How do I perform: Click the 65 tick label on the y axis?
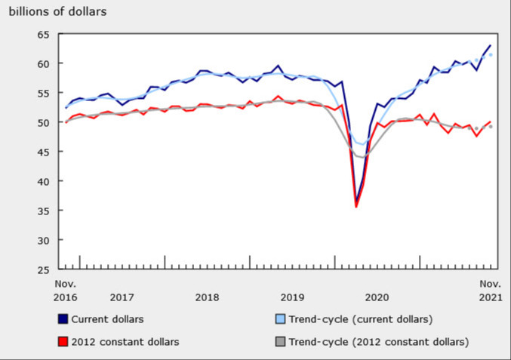pos(42,35)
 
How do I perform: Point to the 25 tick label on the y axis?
pos(42,269)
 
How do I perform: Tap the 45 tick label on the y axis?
pos(42,152)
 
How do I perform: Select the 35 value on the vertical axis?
pos(42,211)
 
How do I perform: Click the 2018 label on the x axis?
pos(207,297)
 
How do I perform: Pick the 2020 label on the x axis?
pos(376,297)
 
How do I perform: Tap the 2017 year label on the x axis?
pos(122,297)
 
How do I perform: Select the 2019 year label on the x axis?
pos(291,297)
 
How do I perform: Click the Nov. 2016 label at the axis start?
pos(66,291)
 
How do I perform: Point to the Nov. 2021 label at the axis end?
pos(490,291)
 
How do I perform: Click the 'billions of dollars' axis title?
pos(57,11)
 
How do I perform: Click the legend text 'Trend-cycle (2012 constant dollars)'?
pos(377,342)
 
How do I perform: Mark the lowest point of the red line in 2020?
pos(356,206)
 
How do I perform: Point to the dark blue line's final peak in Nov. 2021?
pos(491,46)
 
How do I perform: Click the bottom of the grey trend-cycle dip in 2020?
pos(362,156)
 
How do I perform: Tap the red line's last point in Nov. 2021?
pos(491,122)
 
